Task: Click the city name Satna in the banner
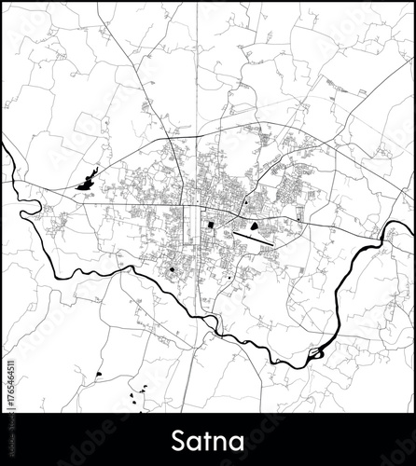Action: point(207,437)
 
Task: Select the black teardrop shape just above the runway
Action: point(255,224)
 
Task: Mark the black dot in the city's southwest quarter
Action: point(173,270)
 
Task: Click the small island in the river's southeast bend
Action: point(319,351)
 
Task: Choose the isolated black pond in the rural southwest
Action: point(97,375)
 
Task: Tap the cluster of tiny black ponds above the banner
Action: point(140,395)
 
